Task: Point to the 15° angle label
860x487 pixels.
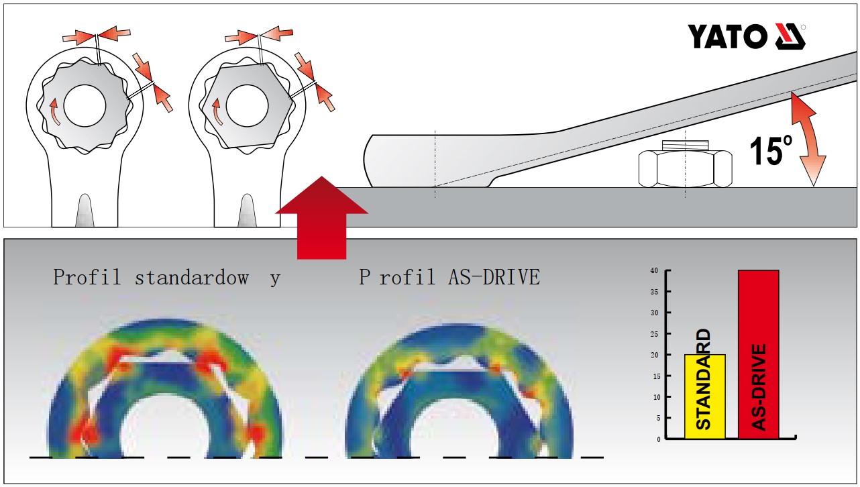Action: pyautogui.click(x=771, y=152)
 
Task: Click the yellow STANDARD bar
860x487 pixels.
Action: pyautogui.click(x=705, y=396)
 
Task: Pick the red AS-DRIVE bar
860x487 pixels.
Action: pyautogui.click(x=759, y=354)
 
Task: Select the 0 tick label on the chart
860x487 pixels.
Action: pyautogui.click(x=659, y=439)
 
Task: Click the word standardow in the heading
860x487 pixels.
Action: pyautogui.click(x=192, y=277)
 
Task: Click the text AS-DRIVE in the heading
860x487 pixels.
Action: pyautogui.click(x=494, y=277)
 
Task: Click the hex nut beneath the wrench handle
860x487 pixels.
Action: pyautogui.click(x=686, y=169)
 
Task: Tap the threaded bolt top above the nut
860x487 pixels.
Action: pyautogui.click(x=686, y=145)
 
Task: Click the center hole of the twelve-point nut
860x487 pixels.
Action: pyautogui.click(x=85, y=105)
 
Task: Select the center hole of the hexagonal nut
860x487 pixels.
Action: pyautogui.click(x=248, y=105)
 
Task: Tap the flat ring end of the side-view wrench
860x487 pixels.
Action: pyautogui.click(x=399, y=161)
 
